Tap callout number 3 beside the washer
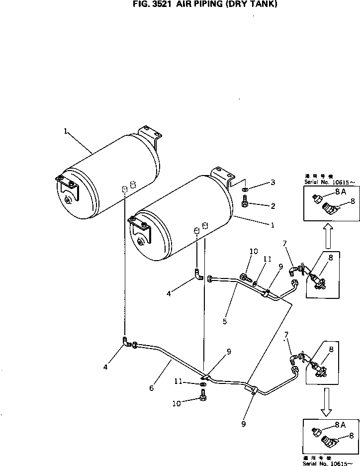click(272, 183)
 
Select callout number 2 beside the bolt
click(272, 205)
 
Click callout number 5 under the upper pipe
click(225, 321)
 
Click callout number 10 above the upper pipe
click(254, 252)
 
